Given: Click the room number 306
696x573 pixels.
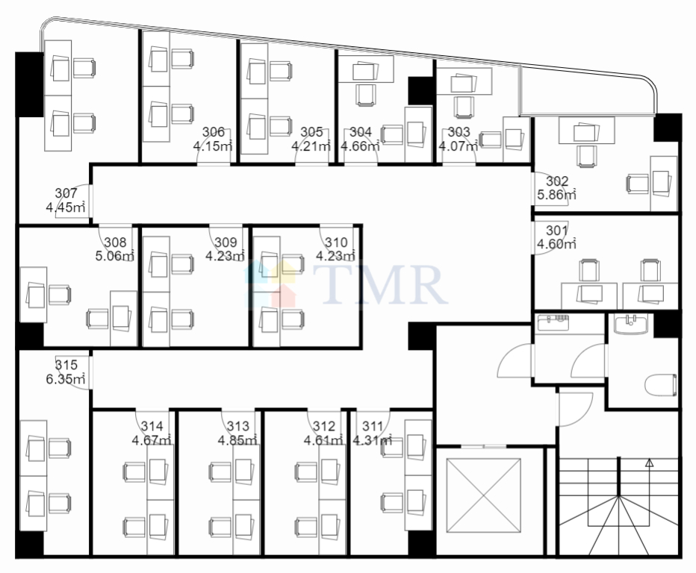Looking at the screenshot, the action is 213,132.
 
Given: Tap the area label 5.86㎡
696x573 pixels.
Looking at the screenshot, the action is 556,194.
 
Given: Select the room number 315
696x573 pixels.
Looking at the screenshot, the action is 66,365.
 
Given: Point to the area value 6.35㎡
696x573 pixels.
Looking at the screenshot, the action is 65,379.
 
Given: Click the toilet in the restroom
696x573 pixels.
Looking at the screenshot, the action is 660,384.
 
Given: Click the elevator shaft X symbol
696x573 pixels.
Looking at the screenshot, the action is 483,495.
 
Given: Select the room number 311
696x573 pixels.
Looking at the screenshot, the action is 373,426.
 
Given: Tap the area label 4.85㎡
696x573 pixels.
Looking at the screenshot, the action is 237,440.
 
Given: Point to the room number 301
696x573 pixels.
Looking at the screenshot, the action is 556,231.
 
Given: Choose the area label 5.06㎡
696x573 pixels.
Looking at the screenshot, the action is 115,255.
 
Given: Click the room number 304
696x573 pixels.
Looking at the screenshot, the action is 361,132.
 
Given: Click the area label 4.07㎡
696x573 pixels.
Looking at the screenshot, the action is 459,145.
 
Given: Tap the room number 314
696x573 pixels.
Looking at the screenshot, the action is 152,426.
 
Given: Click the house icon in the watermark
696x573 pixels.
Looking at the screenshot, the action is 270,284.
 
